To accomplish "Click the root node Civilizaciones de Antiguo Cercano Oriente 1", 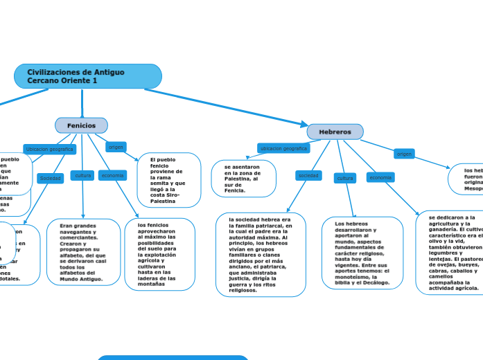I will (x=87, y=76).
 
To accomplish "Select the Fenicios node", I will (x=82, y=125).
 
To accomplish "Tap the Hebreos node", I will (x=335, y=132).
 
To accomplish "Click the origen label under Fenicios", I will (x=116, y=147).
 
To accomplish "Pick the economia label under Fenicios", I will (x=112, y=176).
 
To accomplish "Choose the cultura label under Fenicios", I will (x=83, y=176).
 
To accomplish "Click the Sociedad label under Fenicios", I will (x=50, y=178).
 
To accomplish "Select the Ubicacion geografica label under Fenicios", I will (x=49, y=149).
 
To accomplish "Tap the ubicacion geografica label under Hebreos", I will (x=283, y=148).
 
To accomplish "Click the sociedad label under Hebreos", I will (x=308, y=176).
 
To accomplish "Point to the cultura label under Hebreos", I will (x=344, y=178).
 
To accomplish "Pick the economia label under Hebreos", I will (x=380, y=177).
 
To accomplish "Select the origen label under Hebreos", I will (x=404, y=154).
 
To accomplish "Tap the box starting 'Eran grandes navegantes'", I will (x=83, y=252).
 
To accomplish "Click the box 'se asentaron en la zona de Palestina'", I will (x=243, y=179).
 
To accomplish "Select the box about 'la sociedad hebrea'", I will (x=261, y=254).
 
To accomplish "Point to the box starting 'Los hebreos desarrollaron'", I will (x=362, y=253).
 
